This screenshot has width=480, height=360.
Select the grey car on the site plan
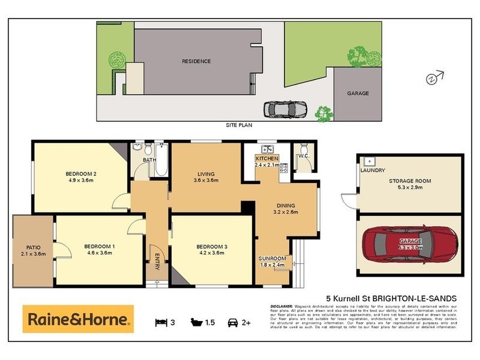[286, 110]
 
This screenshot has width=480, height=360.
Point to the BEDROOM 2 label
[81, 174]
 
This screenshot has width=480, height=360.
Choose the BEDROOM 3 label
[210, 247]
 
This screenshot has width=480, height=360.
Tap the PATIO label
[33, 247]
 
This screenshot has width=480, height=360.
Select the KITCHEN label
[266, 158]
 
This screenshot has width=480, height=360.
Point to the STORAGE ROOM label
[410, 181]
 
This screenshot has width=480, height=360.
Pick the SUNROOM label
[272, 257]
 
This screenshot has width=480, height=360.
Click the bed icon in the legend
[161, 322]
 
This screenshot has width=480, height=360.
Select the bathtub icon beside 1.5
[196, 322]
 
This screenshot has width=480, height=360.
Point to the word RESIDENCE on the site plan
[196, 62]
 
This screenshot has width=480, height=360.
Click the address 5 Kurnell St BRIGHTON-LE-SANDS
[391, 298]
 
